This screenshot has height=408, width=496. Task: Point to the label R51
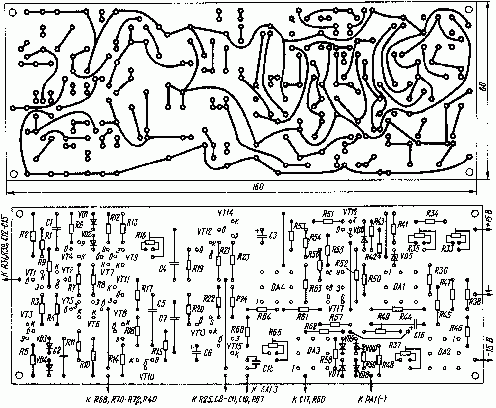pyautogui.click(x=328, y=214)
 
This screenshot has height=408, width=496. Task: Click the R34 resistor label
pyautogui.click(x=433, y=213)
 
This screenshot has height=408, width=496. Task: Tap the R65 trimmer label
pyautogui.click(x=274, y=332)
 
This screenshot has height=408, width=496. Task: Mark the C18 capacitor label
pyautogui.click(x=268, y=367)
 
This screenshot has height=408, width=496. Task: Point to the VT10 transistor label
pyautogui.click(x=148, y=376)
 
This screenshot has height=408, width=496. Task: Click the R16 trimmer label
pyautogui.click(x=141, y=235)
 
